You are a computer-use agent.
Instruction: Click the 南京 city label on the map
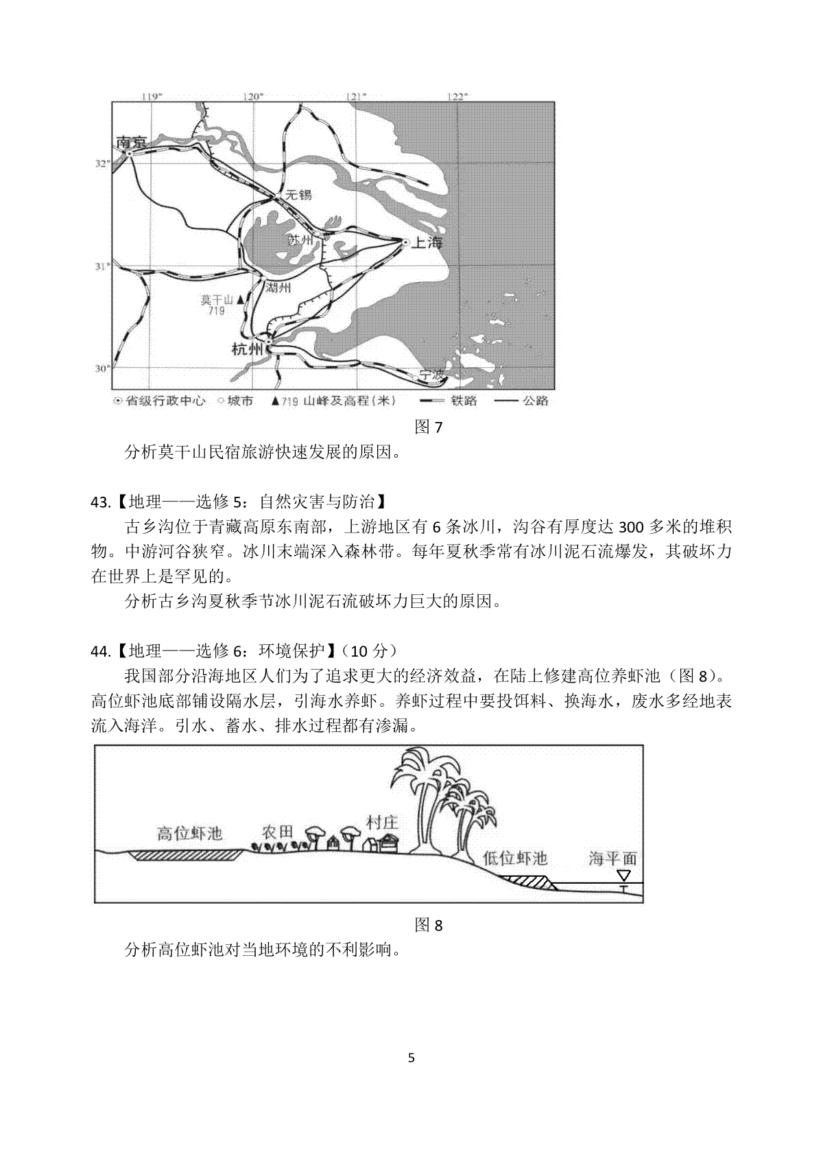tap(132, 143)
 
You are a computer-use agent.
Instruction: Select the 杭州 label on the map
tap(248, 349)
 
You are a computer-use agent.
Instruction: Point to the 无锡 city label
tap(298, 195)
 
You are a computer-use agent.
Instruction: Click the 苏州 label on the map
tap(300, 240)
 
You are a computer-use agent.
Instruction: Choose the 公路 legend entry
tap(535, 401)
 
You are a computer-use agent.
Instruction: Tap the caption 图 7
tap(429, 427)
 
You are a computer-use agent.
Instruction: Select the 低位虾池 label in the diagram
tap(515, 858)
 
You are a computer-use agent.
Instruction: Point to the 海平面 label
tap(613, 858)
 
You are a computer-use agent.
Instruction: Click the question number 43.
tap(99, 502)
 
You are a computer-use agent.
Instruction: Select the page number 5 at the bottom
tap(411, 1077)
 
